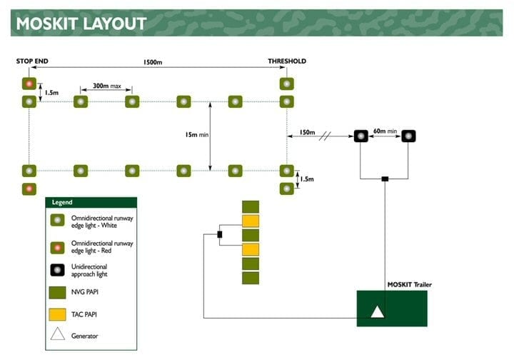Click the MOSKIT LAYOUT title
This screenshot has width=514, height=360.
click(x=81, y=23)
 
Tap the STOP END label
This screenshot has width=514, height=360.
click(x=32, y=61)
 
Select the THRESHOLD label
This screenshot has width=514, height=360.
click(x=287, y=61)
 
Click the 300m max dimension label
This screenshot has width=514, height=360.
click(x=106, y=86)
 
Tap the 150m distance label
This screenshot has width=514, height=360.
click(x=307, y=133)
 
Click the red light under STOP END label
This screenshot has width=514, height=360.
click(x=29, y=84)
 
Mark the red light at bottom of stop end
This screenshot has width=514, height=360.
click(x=29, y=189)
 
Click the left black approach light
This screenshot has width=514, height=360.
click(x=361, y=136)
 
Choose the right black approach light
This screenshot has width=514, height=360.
click(x=408, y=136)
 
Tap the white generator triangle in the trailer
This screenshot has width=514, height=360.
click(x=377, y=311)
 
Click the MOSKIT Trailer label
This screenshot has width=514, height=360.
click(x=409, y=284)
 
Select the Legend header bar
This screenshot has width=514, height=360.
click(x=91, y=203)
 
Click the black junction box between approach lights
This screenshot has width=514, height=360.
click(x=385, y=179)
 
